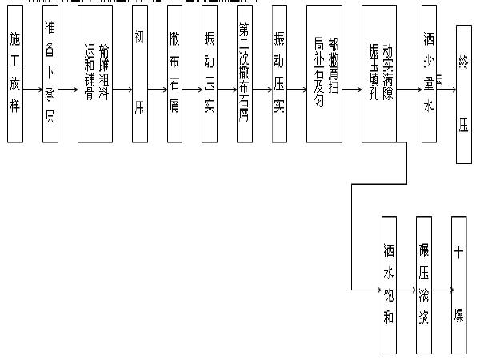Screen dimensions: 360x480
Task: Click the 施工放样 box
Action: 15,74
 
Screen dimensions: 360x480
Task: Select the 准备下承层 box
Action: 50,74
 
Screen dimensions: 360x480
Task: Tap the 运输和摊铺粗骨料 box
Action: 95,74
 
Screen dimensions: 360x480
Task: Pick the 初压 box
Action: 140,74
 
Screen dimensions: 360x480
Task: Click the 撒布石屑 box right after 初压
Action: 175,74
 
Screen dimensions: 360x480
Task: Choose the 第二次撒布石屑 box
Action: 245,74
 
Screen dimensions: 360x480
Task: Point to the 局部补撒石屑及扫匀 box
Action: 325,74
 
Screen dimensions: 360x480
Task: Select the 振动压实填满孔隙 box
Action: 378,74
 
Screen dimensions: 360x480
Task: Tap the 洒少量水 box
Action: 429,74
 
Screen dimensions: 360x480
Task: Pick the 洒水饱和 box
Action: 390,284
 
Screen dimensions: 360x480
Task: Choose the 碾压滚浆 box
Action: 424,284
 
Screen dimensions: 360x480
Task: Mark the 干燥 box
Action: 458,284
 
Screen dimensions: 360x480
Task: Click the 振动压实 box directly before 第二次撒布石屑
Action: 210,74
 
